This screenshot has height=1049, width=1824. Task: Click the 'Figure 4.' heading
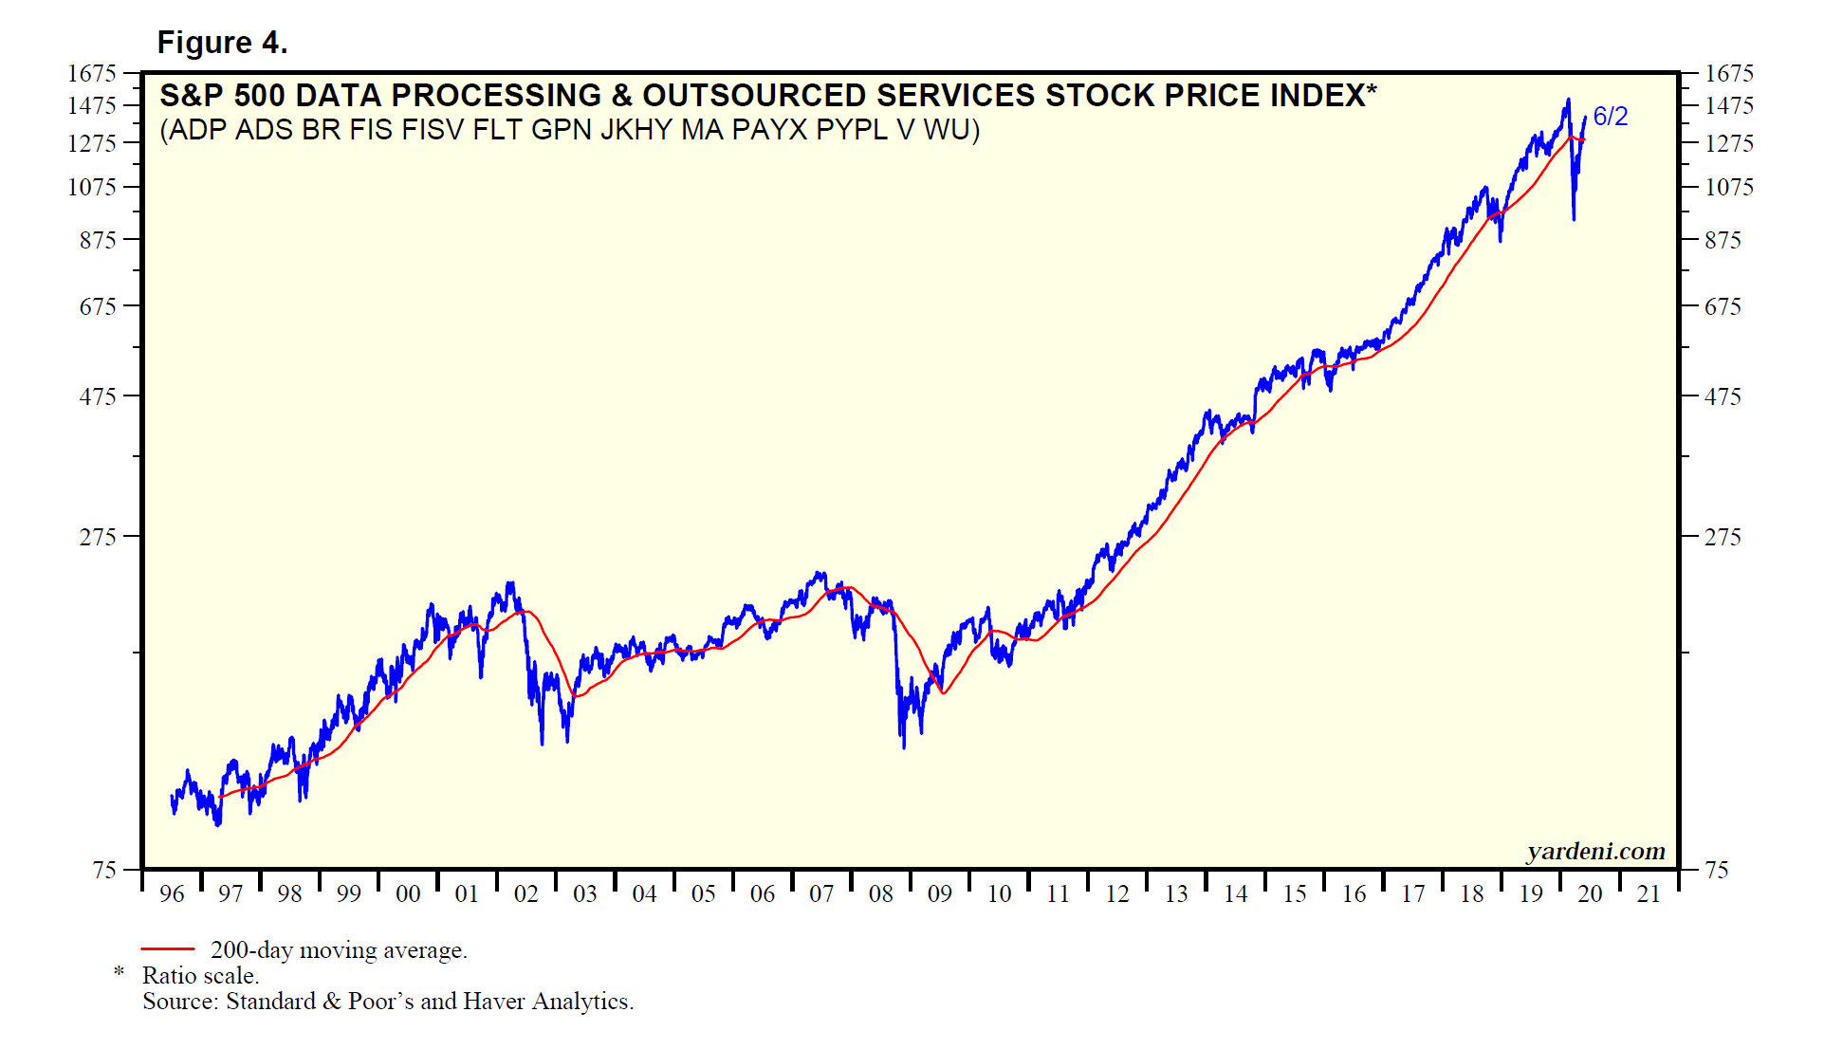222,43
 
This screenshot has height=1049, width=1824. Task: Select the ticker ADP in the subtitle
197,129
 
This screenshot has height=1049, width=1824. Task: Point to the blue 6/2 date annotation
1610,117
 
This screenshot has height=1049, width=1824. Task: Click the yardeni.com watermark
1595,851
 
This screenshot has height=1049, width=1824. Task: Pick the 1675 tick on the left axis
91,73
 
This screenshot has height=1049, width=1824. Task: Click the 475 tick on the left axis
97,396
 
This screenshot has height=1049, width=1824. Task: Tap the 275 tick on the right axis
1723,537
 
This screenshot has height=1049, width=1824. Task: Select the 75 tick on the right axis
1717,870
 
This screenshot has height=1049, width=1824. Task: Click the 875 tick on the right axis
1723,240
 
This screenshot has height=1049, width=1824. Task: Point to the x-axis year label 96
172,893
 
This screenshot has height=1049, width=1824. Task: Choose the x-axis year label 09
939,893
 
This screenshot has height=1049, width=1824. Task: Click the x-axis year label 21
1649,893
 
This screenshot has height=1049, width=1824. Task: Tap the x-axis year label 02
525,893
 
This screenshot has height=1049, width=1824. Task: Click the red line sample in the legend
168,948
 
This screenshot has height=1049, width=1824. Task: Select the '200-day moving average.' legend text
339,949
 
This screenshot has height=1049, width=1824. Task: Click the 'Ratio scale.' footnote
200,975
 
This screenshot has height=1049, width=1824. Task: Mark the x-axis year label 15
1294,893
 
